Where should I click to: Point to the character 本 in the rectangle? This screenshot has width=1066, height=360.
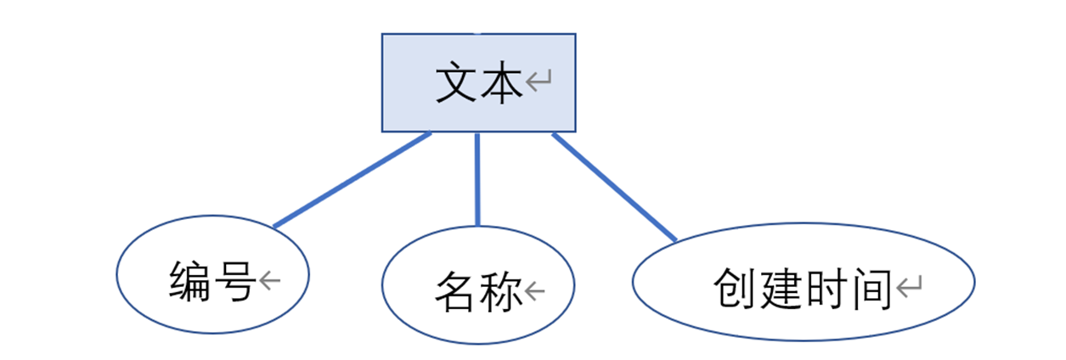click(502, 83)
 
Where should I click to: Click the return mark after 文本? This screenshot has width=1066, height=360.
click(539, 82)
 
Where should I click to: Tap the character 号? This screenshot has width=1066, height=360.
click(235, 282)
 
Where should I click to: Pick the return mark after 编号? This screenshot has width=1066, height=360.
click(270, 281)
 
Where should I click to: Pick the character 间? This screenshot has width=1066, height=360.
click(869, 289)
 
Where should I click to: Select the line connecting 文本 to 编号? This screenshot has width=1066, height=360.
click(352, 180)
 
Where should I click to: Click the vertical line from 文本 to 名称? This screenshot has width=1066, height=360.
click(477, 178)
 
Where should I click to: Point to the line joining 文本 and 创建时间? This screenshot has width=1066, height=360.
click(615, 187)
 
